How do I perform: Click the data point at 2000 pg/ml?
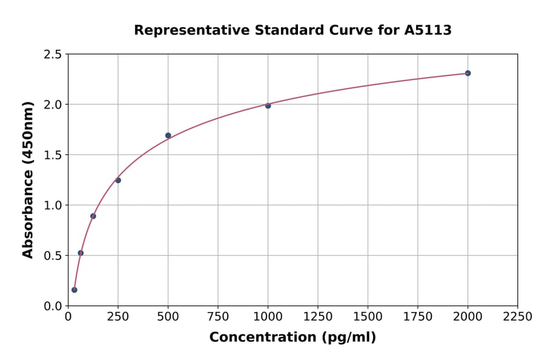coord(467,73)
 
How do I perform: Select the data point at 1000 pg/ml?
coord(268,105)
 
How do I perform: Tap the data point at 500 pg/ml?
coord(168,135)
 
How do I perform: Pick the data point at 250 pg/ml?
coord(118,180)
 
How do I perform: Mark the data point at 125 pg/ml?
coord(93,216)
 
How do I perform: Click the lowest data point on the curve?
coord(74,290)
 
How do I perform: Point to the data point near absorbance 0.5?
coord(81,253)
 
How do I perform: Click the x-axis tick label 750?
coord(218,316)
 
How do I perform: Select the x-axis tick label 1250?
coord(318,316)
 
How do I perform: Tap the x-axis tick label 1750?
coord(418,316)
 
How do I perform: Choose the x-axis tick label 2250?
coord(518,316)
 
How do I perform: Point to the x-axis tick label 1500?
coord(368,316)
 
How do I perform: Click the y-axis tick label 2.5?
coord(52,55)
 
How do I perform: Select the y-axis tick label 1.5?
coord(52,155)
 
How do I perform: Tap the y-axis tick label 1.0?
coord(52,205)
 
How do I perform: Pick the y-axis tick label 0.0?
coord(52,306)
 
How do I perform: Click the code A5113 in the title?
coord(428,30)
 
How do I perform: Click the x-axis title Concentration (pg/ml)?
coord(292,338)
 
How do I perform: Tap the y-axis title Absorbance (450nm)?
coord(28,180)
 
